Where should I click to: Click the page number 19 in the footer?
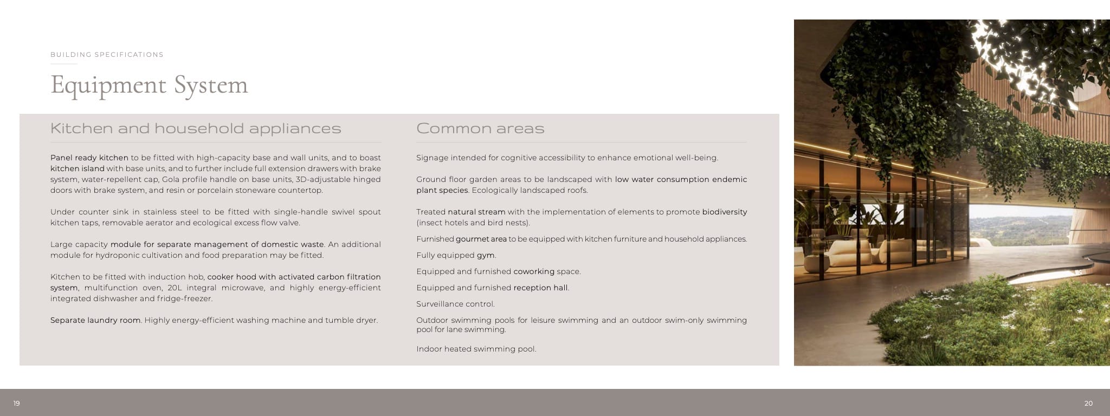[x=17, y=404]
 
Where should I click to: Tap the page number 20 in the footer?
[x=1088, y=404]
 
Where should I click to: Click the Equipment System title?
[x=149, y=85]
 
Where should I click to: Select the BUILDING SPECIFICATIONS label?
[x=107, y=55]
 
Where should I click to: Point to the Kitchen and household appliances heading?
[x=196, y=128]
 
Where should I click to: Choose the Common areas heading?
[x=480, y=128]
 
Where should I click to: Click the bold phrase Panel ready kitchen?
[x=89, y=158]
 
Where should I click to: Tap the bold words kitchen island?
[x=77, y=168]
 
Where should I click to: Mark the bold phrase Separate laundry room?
[x=95, y=320]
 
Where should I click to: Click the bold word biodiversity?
[x=724, y=212]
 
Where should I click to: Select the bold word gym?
[x=486, y=255]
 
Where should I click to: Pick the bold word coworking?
[x=534, y=271]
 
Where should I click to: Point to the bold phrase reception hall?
[x=540, y=288]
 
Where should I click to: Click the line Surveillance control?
[x=455, y=304]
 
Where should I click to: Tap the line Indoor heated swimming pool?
[x=476, y=349]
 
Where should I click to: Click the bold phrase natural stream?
[x=476, y=212]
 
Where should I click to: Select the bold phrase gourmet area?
[x=481, y=239]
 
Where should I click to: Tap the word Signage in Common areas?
[x=432, y=158]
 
